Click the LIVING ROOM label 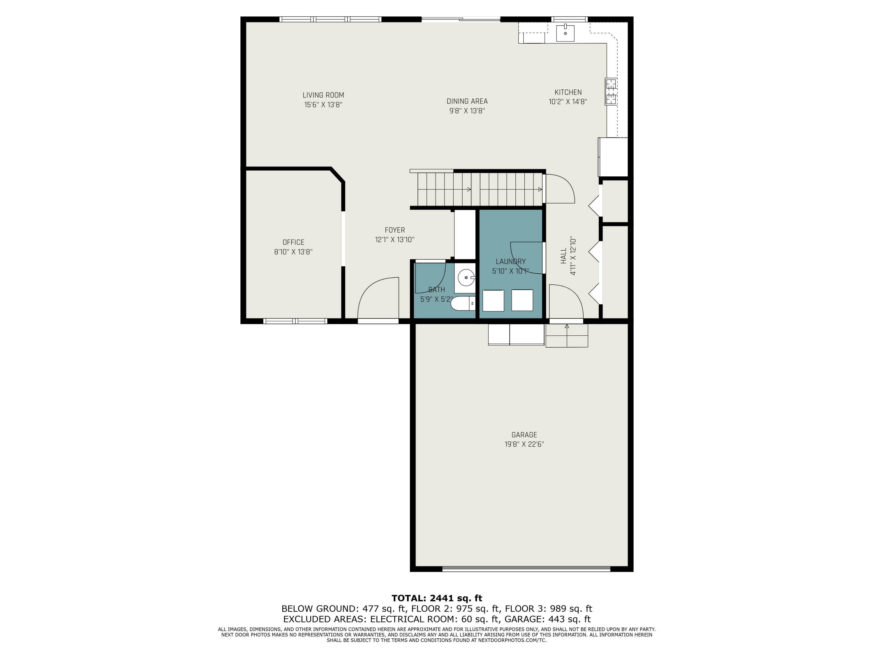(x=323, y=95)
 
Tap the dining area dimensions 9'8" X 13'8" (x=467, y=111)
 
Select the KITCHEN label (x=568, y=92)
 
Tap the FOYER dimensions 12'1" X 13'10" (x=394, y=240)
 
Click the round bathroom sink (x=466, y=277)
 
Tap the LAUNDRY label (x=510, y=261)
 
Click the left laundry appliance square (x=493, y=300)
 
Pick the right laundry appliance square (x=522, y=300)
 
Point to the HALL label (x=563, y=256)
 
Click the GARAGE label (x=524, y=435)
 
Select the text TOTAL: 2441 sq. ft (x=437, y=598)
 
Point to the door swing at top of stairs (x=559, y=190)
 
